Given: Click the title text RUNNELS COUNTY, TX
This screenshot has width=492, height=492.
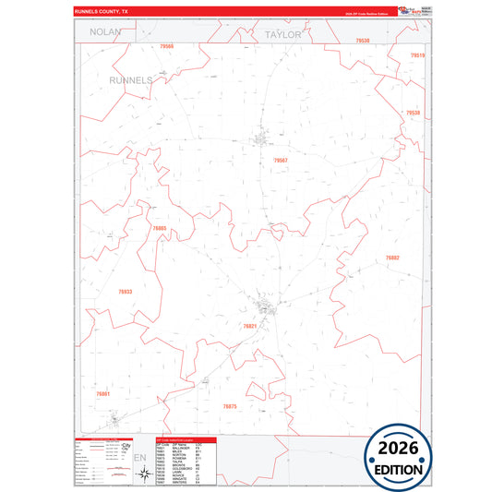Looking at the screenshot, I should point(104,10).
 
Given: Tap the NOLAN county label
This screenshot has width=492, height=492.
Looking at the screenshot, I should point(106,32).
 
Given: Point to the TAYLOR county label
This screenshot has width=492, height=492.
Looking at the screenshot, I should point(282,33).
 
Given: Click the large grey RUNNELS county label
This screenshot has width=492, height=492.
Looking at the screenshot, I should point(130,80).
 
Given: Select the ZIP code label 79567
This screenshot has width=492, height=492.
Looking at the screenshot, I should point(281,161).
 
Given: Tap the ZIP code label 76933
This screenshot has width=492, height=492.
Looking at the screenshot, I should point(126,292).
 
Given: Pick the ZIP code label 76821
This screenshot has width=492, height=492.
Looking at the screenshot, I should point(250,326).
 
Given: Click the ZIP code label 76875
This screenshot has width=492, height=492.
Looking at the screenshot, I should point(230,406).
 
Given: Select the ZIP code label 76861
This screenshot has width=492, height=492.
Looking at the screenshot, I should point(102,394).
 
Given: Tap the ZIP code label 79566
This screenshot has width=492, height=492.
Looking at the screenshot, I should point(166,45).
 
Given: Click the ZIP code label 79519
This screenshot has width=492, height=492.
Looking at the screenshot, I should point(417,55).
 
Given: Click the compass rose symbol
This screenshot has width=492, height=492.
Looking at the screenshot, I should point(145,474).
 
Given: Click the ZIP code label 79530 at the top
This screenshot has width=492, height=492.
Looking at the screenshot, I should point(362,42).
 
